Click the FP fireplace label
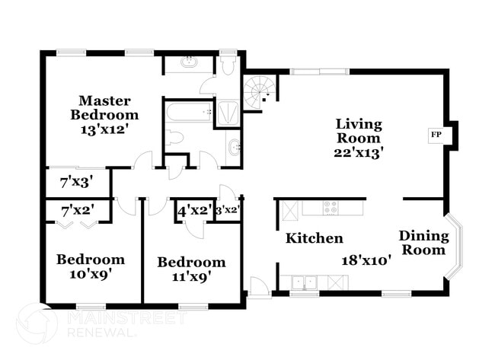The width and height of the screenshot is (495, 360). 436,135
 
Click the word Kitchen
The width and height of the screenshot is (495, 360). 314,238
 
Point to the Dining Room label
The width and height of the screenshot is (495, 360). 423,243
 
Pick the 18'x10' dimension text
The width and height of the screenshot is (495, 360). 366,260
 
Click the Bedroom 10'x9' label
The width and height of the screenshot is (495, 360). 90,266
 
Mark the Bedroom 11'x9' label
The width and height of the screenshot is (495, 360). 191,269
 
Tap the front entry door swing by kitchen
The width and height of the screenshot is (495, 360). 259,287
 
